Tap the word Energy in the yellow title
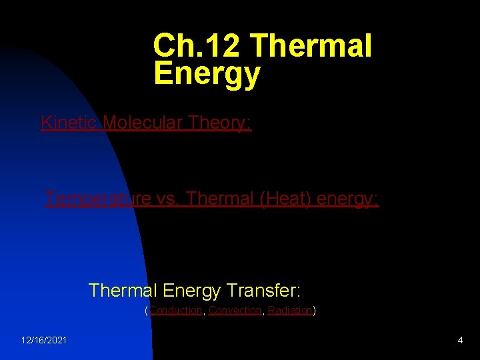pos(207,74)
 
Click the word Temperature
pos(97,199)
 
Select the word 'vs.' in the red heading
pos(167,199)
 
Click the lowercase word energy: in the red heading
pos(345,199)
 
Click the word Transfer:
pos(264,291)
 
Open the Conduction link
pos(176,310)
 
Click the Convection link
pos(235,310)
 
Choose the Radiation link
pos(290,310)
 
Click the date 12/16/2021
pos(43,341)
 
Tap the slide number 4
pos(460,341)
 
